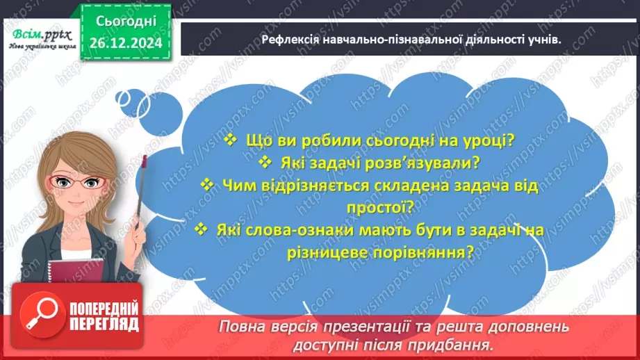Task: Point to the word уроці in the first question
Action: coord(486,140)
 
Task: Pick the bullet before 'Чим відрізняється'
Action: coord(206,185)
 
